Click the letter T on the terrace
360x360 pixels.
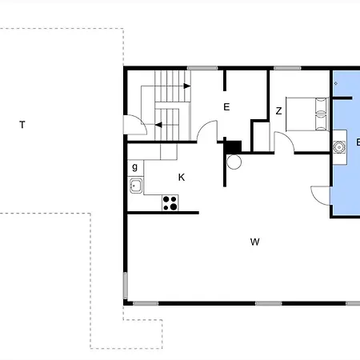point(22,125)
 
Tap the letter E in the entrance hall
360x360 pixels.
point(226,107)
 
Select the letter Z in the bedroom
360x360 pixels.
point(278,110)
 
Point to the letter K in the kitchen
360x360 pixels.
point(182,177)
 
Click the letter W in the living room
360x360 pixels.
point(255,242)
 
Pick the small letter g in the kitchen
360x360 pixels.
point(135,167)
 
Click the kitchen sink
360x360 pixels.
point(136,186)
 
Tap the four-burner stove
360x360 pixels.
point(170,203)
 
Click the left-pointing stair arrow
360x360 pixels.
point(158,125)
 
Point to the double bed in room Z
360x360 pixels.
point(306,114)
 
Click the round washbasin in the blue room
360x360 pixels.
point(339,147)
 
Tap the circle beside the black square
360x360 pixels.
point(234,162)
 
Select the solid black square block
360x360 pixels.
point(234,146)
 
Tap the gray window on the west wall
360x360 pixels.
point(126,286)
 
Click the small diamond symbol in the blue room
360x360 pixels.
point(336,83)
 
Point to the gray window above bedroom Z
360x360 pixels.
point(287,68)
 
